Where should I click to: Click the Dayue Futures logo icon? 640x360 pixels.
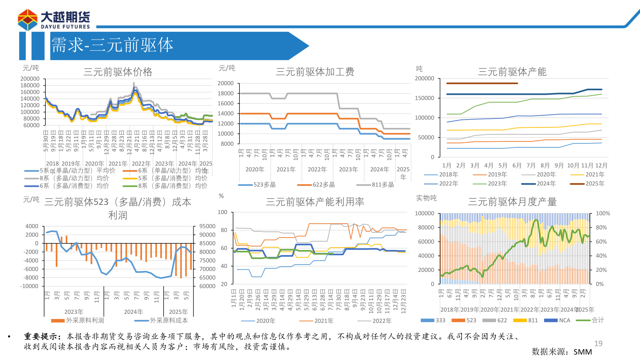28,20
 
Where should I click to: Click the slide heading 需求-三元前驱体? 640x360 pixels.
112,45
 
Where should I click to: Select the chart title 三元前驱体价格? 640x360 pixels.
118,72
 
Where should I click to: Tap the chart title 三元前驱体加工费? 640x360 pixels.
315,72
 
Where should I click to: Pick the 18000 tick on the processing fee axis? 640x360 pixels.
226,93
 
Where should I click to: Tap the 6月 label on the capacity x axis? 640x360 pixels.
517,165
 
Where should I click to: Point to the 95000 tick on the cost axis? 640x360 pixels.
207,226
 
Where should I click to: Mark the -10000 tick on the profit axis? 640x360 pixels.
29,286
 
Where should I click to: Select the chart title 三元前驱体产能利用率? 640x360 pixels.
315,202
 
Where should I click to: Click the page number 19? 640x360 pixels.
598,343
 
